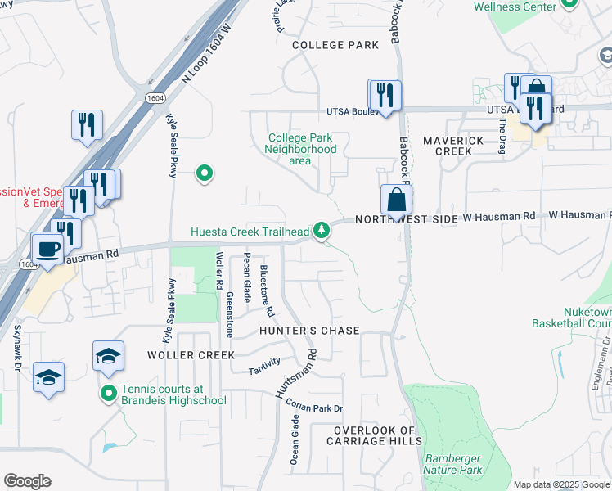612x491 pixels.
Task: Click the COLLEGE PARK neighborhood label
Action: [x=335, y=45]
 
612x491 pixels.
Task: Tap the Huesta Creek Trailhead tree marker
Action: [x=324, y=230]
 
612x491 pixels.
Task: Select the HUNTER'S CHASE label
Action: [x=309, y=331]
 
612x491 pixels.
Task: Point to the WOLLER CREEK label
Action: [x=190, y=355]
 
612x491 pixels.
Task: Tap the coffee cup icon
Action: [x=47, y=247]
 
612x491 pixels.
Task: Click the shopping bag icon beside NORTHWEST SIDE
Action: [x=396, y=198]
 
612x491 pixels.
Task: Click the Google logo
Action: [x=27, y=481]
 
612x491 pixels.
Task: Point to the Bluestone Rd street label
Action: [x=264, y=291]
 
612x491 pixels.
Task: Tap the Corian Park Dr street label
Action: [x=314, y=408]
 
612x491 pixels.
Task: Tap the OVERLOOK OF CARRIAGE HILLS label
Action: [x=376, y=436]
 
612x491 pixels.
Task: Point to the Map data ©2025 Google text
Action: [x=560, y=484]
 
